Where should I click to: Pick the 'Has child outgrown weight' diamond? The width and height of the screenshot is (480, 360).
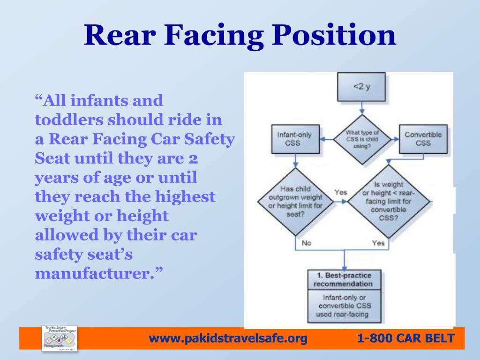(x=295, y=202)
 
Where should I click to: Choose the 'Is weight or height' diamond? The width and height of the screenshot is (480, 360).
(x=388, y=202)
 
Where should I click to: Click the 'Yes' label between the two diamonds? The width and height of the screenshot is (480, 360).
(x=341, y=193)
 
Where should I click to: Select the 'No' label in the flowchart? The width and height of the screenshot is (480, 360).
(x=306, y=243)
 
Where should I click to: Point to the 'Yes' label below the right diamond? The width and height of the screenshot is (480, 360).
(x=378, y=243)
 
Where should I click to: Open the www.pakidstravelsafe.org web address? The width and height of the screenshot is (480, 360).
(x=228, y=338)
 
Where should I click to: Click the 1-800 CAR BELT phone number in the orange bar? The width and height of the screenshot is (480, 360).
(x=405, y=338)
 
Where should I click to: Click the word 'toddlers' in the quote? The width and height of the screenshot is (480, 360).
(x=69, y=120)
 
